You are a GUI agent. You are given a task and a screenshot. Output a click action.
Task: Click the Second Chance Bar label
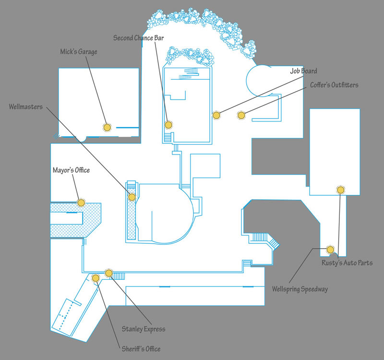pos(138,38)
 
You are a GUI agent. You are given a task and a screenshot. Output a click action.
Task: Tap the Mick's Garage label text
pos(79,52)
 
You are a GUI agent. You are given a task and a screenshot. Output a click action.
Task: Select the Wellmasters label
pos(26,107)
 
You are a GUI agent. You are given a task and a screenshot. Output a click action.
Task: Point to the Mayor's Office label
pos(71,170)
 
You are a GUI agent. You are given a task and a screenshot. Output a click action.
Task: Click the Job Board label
pos(303,71)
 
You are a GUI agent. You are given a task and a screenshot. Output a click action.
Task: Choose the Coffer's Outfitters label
pos(334,85)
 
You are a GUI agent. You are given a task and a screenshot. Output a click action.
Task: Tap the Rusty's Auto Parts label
pos(347,263)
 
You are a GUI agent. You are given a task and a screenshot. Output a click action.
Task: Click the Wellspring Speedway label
pos(300,289)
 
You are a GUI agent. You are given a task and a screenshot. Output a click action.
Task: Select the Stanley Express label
pos(144,329)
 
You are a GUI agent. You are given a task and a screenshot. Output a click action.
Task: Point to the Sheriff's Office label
pos(141,349)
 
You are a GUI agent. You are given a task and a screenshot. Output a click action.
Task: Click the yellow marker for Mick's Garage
pos(107,127)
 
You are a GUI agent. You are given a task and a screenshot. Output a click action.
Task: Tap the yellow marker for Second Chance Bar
pos(168,125)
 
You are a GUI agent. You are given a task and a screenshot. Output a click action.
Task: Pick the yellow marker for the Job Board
pos(216,115)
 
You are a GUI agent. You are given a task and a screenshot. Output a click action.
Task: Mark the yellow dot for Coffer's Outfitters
pos(241,115)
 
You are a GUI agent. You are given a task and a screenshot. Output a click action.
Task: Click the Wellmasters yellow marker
pos(132,197)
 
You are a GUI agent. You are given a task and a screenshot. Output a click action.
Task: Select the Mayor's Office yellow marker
pos(81,203)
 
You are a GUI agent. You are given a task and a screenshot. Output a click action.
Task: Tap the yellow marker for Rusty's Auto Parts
pos(341,190)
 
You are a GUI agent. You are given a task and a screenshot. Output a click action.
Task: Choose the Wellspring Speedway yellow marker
pos(330,250)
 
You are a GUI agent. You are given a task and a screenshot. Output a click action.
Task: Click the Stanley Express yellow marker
pos(109,273)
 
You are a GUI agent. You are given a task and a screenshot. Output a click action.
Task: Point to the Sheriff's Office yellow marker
pos(96,278)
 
